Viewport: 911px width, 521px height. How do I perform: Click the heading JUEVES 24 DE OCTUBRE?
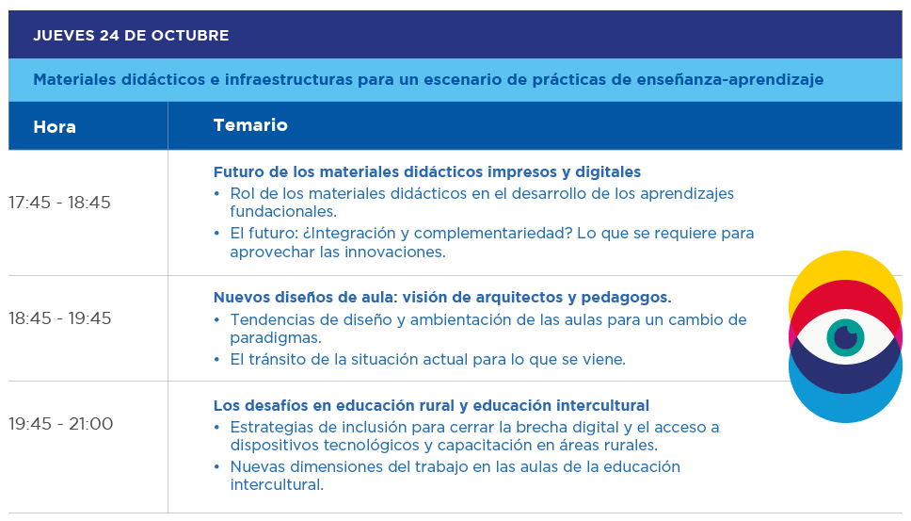pyautogui.click(x=131, y=36)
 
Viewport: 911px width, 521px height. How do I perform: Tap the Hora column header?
pyautogui.click(x=55, y=127)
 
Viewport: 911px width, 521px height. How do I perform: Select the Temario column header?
pyautogui.click(x=250, y=125)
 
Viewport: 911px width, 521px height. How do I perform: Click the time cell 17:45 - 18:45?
pyautogui.click(x=59, y=203)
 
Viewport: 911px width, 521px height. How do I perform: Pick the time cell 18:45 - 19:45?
pyautogui.click(x=59, y=318)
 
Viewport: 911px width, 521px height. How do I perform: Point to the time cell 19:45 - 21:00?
pyautogui.click(x=60, y=423)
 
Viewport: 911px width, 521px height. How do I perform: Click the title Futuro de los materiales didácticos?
pyautogui.click(x=427, y=172)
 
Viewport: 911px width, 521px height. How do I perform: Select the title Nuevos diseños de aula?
pyautogui.click(x=442, y=297)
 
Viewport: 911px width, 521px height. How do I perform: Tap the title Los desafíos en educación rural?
pyautogui.click(x=431, y=405)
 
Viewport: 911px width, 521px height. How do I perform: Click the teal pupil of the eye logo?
pyautogui.click(x=845, y=338)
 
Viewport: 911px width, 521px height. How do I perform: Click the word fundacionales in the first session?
pyautogui.click(x=283, y=212)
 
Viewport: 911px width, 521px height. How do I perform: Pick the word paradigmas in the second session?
pyautogui.click(x=276, y=338)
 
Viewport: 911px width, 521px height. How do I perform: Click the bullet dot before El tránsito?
pyautogui.click(x=216, y=360)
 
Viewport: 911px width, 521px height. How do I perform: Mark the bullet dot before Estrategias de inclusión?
pyautogui.click(x=216, y=428)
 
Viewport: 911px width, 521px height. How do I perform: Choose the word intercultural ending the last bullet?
pyautogui.click(x=277, y=485)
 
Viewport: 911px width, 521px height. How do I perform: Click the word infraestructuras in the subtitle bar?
pyautogui.click(x=289, y=80)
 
